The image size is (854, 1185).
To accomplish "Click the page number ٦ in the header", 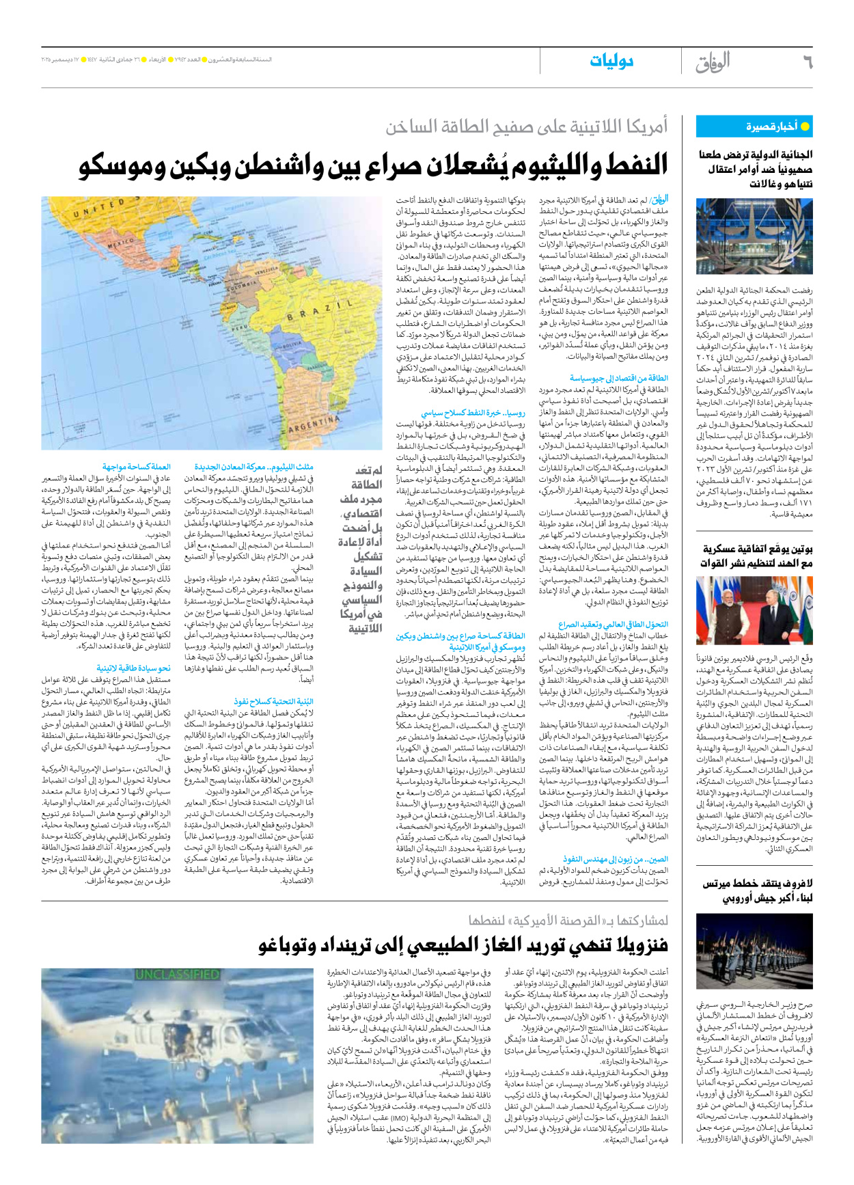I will click(807, 63).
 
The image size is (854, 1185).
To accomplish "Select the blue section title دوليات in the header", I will click(611, 62).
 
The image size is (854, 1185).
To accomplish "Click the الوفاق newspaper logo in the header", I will click(713, 62).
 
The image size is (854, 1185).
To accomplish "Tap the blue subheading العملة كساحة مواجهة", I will click(137, 467).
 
